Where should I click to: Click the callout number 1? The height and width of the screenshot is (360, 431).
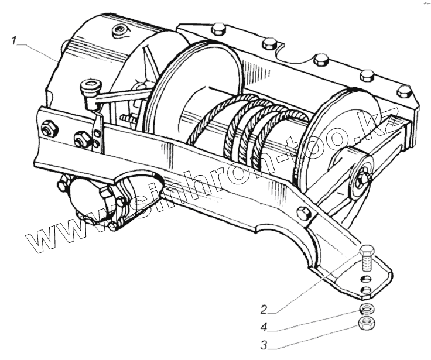point(13,42)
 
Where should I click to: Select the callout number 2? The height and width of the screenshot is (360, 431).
point(264,310)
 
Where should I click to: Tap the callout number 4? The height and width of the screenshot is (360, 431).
point(264,327)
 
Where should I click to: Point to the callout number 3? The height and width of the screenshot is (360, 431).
point(264,345)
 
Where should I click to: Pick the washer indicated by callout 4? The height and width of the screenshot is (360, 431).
point(367,310)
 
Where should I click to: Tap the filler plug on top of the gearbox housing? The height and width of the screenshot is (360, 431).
point(119,30)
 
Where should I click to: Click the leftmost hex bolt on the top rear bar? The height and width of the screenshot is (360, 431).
point(218,29)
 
